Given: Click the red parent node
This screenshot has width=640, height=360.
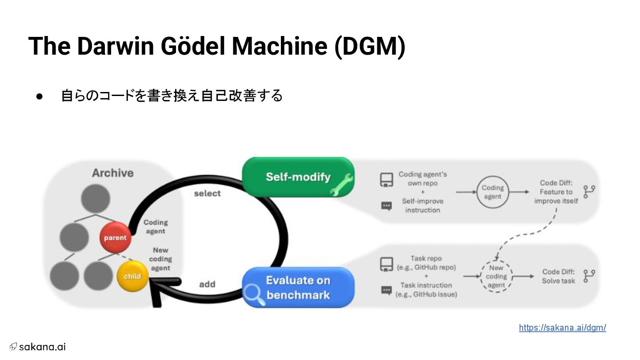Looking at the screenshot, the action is [115, 238].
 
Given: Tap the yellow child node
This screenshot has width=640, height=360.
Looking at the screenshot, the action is [132, 276].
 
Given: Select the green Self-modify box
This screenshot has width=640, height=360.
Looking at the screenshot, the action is [298, 177].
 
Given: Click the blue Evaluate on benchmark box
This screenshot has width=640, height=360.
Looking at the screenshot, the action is [298, 288].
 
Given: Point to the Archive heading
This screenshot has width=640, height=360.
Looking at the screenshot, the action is [112, 173].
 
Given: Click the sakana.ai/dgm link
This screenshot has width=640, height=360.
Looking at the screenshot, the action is [562, 328].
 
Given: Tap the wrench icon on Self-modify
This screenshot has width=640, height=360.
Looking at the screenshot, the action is [342, 185].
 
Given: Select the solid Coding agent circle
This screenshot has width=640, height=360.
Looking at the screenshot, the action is [492, 192].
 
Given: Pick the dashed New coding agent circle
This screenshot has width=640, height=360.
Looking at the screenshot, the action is [496, 276].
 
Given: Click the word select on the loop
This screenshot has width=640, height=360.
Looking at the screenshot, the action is [207, 193].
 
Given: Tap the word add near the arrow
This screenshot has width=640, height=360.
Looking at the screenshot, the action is [207, 284].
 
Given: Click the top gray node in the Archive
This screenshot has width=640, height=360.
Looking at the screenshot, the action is [96, 198].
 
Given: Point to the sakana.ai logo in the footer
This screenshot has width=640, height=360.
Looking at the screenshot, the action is [37, 347].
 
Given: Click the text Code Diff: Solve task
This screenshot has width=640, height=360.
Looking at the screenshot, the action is [558, 276].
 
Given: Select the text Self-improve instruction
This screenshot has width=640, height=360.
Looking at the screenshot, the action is [422, 205].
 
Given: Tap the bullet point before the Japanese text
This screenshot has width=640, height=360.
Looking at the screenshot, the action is [39, 96].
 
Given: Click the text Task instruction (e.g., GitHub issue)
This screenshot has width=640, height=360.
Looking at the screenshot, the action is [426, 289].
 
